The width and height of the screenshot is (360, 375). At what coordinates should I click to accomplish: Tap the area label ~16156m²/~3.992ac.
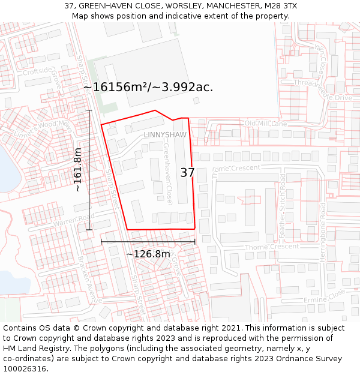click(148, 87)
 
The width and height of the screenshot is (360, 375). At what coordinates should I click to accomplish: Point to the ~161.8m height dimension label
click(77, 170)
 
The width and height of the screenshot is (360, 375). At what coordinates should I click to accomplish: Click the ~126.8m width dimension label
click(148, 254)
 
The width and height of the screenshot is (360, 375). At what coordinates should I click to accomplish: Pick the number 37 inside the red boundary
click(188, 173)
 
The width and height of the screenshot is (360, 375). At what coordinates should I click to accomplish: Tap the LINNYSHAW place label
click(165, 135)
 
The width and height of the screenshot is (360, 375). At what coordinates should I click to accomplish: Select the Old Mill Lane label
click(266, 124)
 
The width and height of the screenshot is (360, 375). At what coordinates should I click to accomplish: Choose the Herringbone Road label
click(323, 231)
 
